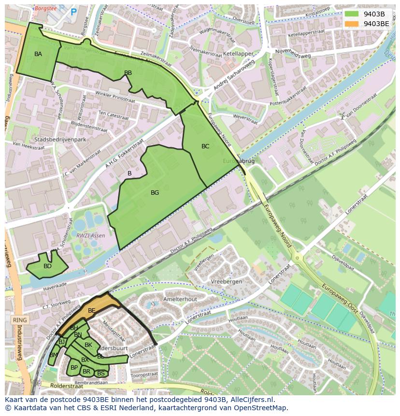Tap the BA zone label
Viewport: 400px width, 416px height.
pyautogui.click(x=38, y=54)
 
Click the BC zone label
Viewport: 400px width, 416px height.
pyautogui.click(x=205, y=146)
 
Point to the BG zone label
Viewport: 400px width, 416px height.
pyautogui.click(x=155, y=193)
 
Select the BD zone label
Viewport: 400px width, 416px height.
pyautogui.click(x=47, y=266)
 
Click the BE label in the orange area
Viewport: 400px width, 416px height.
pyautogui.click(x=91, y=311)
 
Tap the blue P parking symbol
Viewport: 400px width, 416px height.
pyautogui.click(x=73, y=12)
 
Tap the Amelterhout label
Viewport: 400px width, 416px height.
pyautogui.click(x=180, y=299)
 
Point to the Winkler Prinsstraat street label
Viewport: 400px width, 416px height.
pyautogui.click(x=115, y=96)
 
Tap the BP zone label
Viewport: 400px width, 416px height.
pyautogui.click(x=74, y=368)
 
